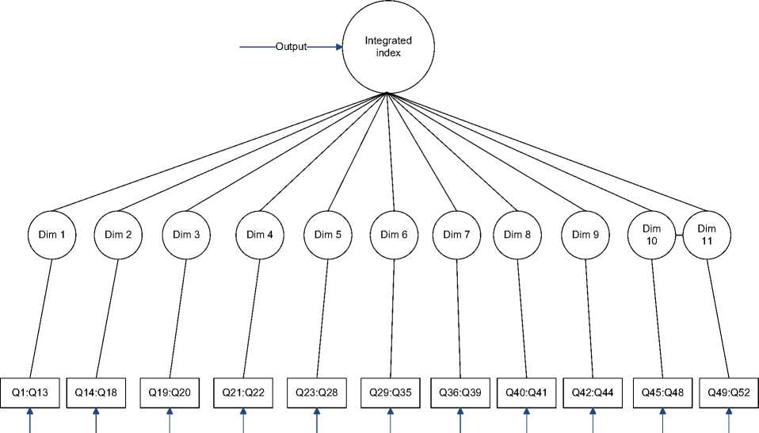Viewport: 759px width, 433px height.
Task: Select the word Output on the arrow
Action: [x=291, y=47]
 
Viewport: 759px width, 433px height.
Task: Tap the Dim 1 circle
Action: [x=52, y=235]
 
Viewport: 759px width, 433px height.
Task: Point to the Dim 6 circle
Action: [x=394, y=235]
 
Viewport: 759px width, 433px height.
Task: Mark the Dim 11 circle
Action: [x=706, y=235]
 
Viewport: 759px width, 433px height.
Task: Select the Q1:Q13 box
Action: [x=29, y=391]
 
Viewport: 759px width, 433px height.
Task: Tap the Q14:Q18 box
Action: [x=96, y=391]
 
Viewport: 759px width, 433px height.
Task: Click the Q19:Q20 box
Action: [x=170, y=391]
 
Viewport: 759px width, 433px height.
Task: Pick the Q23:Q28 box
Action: [x=316, y=391]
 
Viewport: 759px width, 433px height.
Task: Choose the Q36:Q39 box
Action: [x=460, y=391]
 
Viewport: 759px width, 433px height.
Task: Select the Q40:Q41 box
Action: [x=526, y=391]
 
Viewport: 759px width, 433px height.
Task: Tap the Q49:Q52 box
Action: [x=729, y=391]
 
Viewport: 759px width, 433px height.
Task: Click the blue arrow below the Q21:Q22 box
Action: [x=243, y=420]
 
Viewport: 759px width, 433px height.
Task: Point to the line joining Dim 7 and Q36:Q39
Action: [x=458, y=317]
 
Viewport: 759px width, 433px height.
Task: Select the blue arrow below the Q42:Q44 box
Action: [x=593, y=420]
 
